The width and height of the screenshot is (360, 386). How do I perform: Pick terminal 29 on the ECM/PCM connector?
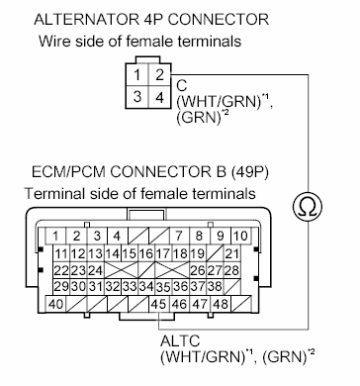point(61,286)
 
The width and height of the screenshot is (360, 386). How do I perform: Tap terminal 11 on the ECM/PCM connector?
point(61,252)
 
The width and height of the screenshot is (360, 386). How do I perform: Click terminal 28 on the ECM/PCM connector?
point(233,269)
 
